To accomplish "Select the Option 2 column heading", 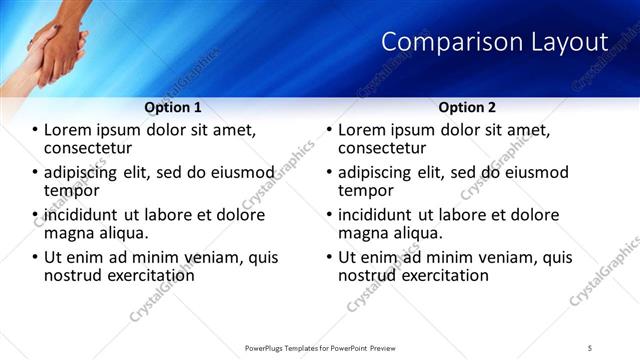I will pyautogui.click(x=466, y=107).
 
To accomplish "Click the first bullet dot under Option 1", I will pyautogui.click(x=36, y=130).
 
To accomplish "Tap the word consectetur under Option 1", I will pyautogui.click(x=87, y=148).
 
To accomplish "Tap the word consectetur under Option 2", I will pyautogui.click(x=381, y=148).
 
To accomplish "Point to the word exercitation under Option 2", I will pyautogui.click(x=446, y=275).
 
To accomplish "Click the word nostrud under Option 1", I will pyautogui.click(x=70, y=275).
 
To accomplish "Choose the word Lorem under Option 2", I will pyautogui.click(x=361, y=130).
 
